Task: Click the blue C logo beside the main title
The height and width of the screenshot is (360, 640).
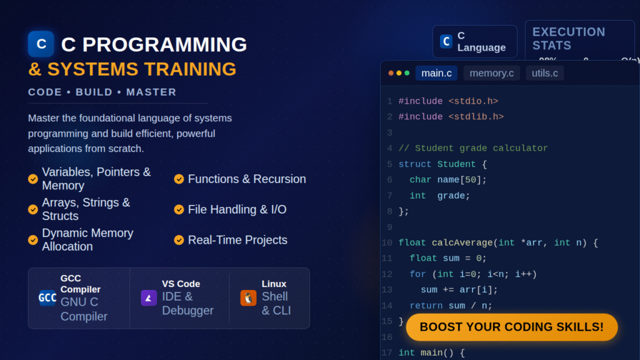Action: pyautogui.click(x=41, y=44)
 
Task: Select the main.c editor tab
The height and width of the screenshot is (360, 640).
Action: pyautogui.click(x=436, y=73)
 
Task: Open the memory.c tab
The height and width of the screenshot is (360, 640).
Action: pyautogui.click(x=491, y=73)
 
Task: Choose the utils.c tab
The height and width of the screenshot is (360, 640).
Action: pyautogui.click(x=544, y=73)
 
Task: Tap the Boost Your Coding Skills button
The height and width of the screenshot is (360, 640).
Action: pyautogui.click(x=511, y=327)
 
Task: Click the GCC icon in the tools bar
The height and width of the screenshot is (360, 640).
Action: pyautogui.click(x=47, y=297)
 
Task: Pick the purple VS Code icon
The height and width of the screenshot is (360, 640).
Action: pyautogui.click(x=149, y=297)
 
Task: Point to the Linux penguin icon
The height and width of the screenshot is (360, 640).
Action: pyautogui.click(x=248, y=297)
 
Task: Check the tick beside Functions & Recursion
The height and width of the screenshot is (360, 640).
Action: pyautogui.click(x=179, y=179)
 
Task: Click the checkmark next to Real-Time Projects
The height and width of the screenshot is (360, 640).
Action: pyautogui.click(x=179, y=240)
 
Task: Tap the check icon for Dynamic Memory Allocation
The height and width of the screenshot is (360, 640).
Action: pyautogui.click(x=33, y=240)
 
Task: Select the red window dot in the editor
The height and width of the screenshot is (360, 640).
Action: pyautogui.click(x=391, y=73)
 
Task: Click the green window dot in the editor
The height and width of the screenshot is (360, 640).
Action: pyautogui.click(x=407, y=73)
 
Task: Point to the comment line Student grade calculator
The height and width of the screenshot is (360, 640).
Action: pyautogui.click(x=473, y=148)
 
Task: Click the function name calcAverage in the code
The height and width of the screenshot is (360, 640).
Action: pyautogui.click(x=454, y=242)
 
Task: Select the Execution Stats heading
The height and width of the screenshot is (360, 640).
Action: pyautogui.click(x=569, y=38)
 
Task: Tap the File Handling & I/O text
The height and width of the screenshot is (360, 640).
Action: pyautogui.click(x=237, y=210)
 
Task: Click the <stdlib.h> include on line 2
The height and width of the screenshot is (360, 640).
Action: pyautogui.click(x=476, y=116)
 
